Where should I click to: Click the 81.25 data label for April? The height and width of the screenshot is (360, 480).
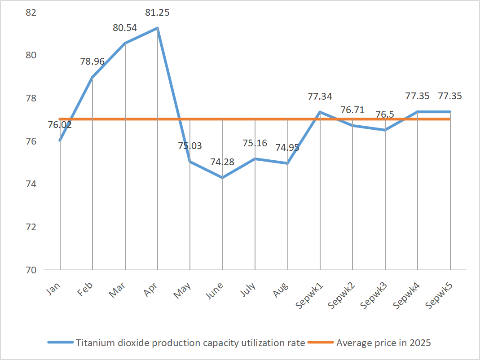[x=157, y=13]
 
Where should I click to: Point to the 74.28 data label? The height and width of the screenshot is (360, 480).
[x=222, y=162]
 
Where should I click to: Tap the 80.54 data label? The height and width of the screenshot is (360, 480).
[x=124, y=28]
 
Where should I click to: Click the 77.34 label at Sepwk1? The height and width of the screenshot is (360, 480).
[x=320, y=96]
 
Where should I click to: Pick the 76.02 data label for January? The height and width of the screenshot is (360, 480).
[x=60, y=124]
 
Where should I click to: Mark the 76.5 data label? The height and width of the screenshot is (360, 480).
[x=385, y=114]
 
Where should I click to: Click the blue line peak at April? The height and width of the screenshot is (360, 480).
[x=157, y=28]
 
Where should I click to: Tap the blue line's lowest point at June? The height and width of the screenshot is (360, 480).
[x=222, y=178]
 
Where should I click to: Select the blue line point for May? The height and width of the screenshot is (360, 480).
[x=190, y=162]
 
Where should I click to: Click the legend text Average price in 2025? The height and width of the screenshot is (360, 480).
[x=383, y=343]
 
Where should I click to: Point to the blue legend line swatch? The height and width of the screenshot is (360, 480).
[x=61, y=343]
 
